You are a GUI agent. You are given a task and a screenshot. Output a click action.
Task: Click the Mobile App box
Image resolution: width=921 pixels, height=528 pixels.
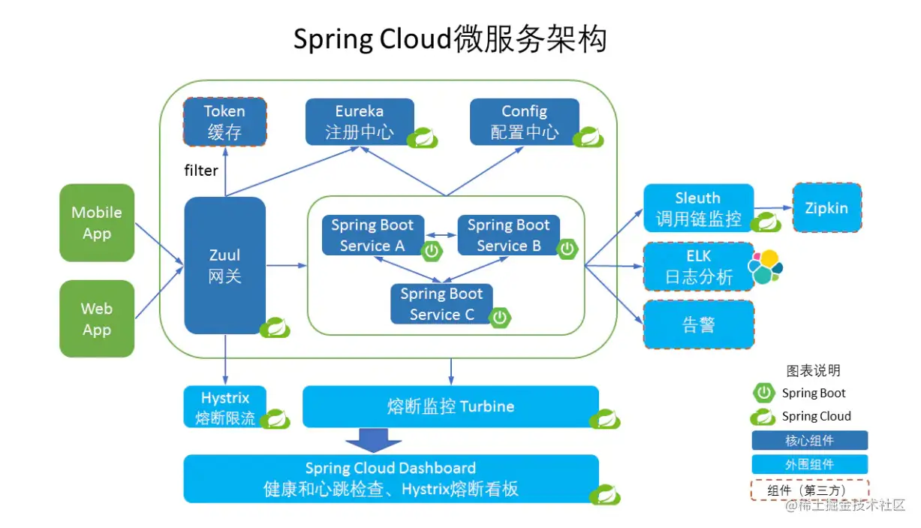(97, 223)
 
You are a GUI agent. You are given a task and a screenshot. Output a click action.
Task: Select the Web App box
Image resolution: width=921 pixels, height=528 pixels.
(97, 319)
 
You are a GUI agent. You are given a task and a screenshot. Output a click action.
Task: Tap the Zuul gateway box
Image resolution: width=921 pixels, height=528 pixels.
(224, 265)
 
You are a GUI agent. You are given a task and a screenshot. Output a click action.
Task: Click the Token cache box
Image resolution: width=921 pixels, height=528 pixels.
(224, 122)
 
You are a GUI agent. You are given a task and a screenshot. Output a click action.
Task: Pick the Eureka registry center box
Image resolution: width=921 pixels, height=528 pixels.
(359, 122)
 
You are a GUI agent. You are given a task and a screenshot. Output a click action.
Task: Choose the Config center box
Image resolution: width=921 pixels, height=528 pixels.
(524, 122)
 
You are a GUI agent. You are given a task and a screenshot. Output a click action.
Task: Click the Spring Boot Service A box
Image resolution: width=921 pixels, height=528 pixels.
(372, 235)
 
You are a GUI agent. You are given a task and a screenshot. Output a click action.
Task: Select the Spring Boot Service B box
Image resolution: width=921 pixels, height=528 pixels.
(508, 235)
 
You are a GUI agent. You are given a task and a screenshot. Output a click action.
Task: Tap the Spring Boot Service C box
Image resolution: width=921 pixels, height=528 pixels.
(441, 304)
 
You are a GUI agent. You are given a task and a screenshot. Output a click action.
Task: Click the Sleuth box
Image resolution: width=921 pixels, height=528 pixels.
(698, 208)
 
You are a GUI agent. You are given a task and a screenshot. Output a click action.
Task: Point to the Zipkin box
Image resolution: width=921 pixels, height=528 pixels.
(826, 208)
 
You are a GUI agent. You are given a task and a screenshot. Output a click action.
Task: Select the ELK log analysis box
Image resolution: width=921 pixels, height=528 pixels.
(698, 267)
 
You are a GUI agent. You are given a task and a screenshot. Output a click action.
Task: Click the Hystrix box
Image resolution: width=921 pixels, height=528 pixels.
(224, 407)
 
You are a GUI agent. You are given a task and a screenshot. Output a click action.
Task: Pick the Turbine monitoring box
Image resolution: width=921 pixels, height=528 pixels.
(450, 406)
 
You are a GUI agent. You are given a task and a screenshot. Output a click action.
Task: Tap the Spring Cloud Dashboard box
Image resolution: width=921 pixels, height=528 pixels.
(390, 478)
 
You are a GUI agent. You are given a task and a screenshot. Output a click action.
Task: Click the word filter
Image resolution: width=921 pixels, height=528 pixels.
(201, 170)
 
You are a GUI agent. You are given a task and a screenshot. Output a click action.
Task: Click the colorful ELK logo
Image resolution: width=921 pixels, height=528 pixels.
(766, 267)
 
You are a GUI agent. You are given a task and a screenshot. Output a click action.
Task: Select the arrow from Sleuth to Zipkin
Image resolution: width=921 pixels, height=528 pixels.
(773, 209)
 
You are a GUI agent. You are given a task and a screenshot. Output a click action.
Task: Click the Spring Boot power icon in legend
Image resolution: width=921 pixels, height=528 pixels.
(763, 393)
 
